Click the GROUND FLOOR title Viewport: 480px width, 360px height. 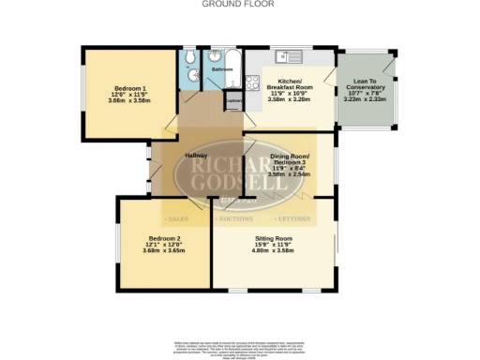[x=239, y=4]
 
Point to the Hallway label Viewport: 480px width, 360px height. [x=196, y=155]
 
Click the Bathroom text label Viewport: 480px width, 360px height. [x=222, y=69]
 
